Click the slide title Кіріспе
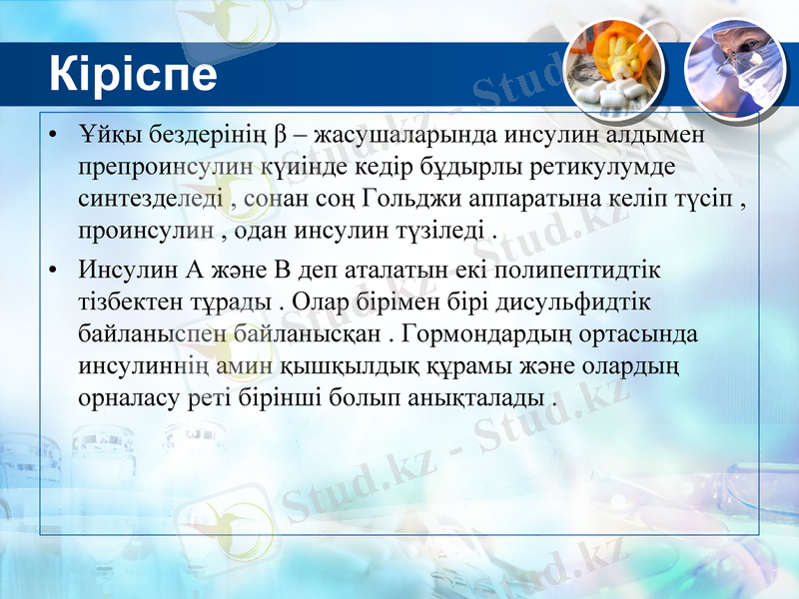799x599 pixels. pyautogui.click(x=132, y=75)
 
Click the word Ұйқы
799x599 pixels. pyautogui.click(x=106, y=134)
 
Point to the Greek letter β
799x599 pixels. pyautogui.click(x=280, y=134)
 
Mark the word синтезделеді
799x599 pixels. pyautogui.click(x=152, y=199)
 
